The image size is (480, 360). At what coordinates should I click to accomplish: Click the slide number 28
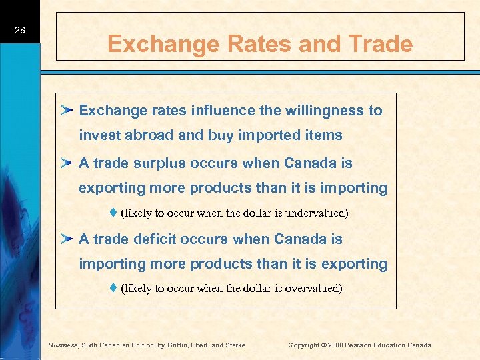[x=19, y=30]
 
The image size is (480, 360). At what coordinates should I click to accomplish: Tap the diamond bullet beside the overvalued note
[x=114, y=288]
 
